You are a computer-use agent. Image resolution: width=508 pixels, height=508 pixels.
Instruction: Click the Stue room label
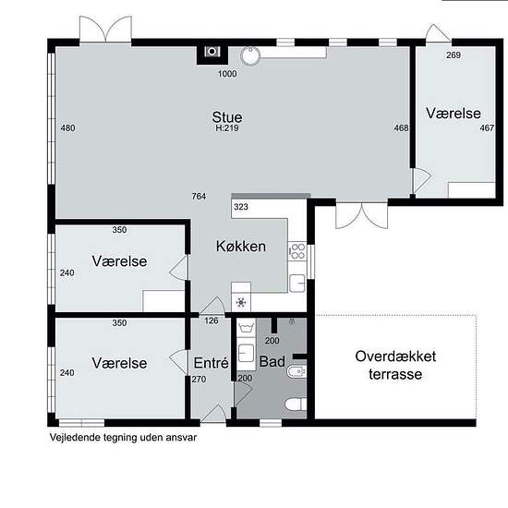(x=227, y=117)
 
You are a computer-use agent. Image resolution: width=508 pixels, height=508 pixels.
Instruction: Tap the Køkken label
(x=241, y=247)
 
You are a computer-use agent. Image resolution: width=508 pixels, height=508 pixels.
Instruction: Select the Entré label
(x=212, y=363)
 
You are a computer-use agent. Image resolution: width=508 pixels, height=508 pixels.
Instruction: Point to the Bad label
(x=272, y=361)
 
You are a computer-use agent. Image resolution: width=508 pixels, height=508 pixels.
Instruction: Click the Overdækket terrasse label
(x=395, y=365)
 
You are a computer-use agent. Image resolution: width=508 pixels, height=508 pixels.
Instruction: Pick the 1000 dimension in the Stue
(x=227, y=74)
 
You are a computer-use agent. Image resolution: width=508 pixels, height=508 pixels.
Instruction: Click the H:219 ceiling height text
(x=227, y=128)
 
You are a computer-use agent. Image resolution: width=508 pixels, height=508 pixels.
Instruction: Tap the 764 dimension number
(x=199, y=196)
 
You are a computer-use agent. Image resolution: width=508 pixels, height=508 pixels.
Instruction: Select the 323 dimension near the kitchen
(x=241, y=207)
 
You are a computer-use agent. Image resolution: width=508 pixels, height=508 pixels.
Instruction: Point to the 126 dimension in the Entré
(x=212, y=321)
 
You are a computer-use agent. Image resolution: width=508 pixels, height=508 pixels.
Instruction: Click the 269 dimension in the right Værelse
(x=454, y=55)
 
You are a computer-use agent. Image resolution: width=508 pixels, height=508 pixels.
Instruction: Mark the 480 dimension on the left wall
(x=67, y=128)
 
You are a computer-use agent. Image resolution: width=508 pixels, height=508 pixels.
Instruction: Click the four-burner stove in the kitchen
(x=297, y=251)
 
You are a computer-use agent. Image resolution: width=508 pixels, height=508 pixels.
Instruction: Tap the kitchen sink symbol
(x=297, y=284)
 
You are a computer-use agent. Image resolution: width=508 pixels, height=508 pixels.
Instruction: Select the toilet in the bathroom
(x=296, y=405)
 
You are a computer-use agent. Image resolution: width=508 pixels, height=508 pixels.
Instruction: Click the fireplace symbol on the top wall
(x=212, y=52)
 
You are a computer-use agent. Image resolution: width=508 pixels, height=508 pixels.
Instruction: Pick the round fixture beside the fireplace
(x=250, y=55)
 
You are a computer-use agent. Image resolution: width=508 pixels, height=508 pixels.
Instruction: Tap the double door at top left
(x=105, y=29)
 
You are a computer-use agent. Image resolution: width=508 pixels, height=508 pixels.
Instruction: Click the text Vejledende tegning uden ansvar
(x=123, y=438)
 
